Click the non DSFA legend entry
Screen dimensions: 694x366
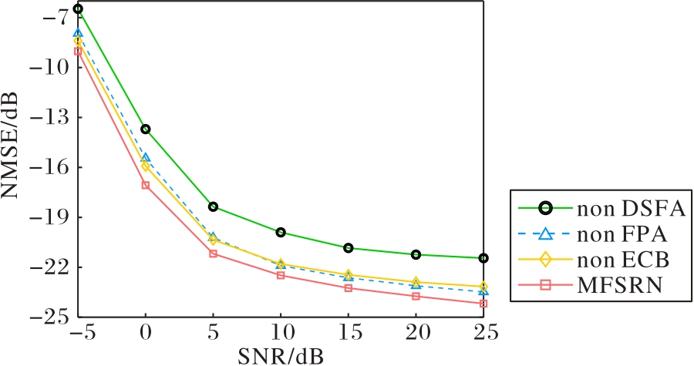click(631, 209)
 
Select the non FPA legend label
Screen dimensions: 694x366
click(622, 234)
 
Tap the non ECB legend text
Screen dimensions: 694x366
click(623, 260)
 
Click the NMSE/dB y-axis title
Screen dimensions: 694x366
click(10, 146)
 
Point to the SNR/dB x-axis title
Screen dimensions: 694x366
click(281, 356)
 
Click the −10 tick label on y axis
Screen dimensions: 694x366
click(48, 68)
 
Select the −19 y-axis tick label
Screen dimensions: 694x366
click(48, 217)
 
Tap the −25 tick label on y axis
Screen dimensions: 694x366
click(48, 317)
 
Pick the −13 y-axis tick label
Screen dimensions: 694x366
click(48, 118)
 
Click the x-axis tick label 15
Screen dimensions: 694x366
click(349, 332)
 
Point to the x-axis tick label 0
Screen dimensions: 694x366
click(146, 332)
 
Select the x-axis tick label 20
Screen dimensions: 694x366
click(416, 332)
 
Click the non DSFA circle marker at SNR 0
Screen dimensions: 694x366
click(146, 129)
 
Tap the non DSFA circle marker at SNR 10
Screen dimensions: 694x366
click(281, 232)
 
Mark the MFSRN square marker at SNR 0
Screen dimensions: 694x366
click(146, 185)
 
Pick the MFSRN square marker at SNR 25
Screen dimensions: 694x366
click(483, 304)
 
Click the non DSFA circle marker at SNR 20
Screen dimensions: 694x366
click(416, 254)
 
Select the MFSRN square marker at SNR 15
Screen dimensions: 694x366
click(349, 288)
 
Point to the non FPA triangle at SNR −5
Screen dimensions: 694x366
click(78, 33)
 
